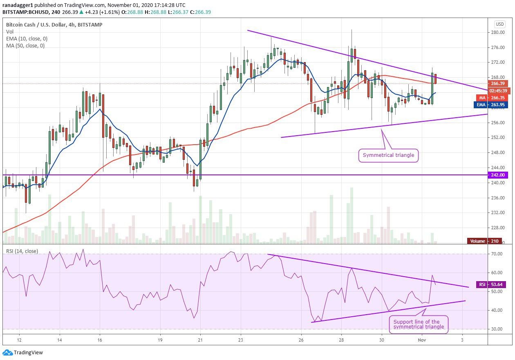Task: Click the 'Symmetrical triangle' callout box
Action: pyautogui.click(x=388, y=155)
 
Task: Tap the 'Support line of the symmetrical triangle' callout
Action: pyautogui.click(x=418, y=324)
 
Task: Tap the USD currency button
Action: pyautogui.click(x=499, y=24)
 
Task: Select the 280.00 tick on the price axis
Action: pyautogui.click(x=497, y=32)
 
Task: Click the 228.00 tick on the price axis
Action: pyautogui.click(x=497, y=228)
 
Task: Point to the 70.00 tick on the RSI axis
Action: pyautogui.click(x=497, y=254)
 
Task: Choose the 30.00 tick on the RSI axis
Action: pyautogui.click(x=497, y=329)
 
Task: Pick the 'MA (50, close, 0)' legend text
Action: pyautogui.click(x=25, y=45)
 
